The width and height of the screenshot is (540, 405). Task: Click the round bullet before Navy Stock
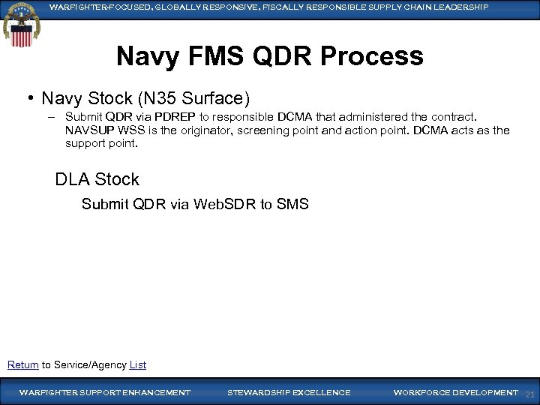(31, 98)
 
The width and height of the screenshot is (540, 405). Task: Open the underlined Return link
(22, 364)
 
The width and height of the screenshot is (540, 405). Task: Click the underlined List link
(137, 364)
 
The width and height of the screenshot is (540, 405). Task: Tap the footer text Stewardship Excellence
(289, 392)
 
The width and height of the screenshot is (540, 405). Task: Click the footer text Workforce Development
(455, 392)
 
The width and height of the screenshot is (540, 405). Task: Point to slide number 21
(529, 394)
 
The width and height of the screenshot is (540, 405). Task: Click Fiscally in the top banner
(283, 7)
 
